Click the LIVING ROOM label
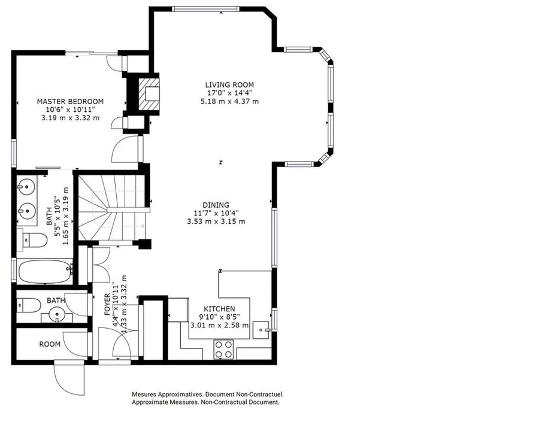229,85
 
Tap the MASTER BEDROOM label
70,102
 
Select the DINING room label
216,205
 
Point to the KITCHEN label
219,309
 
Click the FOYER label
107,305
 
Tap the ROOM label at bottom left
50,344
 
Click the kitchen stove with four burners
223,350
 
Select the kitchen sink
261,330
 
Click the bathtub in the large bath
45,272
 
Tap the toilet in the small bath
29,305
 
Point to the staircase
112,208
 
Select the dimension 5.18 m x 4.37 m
229,102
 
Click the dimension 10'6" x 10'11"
70,110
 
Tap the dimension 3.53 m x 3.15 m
216,221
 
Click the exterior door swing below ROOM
69,378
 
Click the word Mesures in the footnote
144,394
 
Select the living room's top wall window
205,9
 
